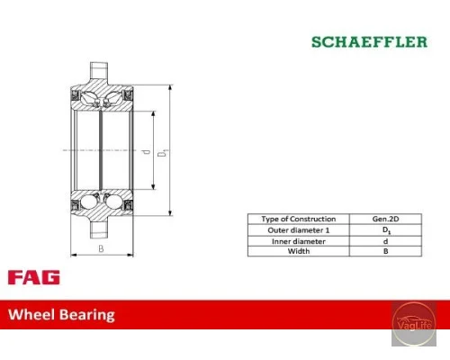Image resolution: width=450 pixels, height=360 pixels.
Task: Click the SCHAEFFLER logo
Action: coord(369,41)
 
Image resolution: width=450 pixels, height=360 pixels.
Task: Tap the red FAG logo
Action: coord(34,277)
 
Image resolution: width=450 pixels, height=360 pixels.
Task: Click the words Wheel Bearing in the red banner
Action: coord(61,315)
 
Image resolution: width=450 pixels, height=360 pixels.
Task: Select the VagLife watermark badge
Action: coord(414,324)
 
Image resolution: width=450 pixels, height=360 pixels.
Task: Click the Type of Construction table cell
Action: coord(299,219)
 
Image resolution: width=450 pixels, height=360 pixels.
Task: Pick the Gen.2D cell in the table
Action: coord(385,219)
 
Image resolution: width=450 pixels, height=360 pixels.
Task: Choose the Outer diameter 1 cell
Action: coord(299,230)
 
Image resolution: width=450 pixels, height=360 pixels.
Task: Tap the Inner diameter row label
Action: coord(299,241)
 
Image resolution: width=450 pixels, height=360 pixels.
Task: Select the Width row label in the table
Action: coord(299,251)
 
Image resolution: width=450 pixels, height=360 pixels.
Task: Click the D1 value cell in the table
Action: coord(385,230)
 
